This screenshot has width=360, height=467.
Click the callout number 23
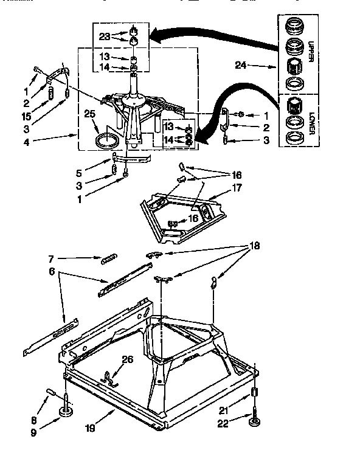pos(105,35)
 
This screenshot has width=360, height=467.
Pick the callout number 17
pos(237,188)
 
